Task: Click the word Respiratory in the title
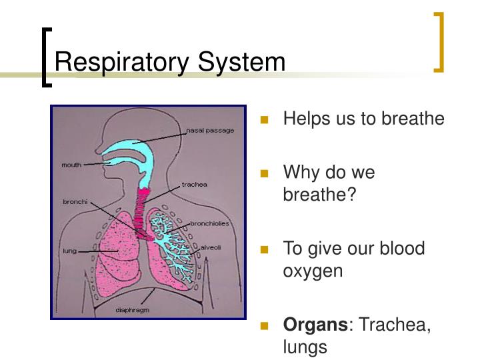pyautogui.click(x=123, y=63)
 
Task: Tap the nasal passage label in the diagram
pyautogui.click(x=210, y=131)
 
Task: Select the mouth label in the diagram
pyautogui.click(x=71, y=164)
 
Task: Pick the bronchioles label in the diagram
pyautogui.click(x=210, y=223)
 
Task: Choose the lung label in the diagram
pyautogui.click(x=69, y=251)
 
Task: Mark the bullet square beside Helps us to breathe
pyautogui.click(x=264, y=121)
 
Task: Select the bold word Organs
pyautogui.click(x=315, y=325)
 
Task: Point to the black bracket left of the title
pyautogui.click(x=46, y=56)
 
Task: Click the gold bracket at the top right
pyautogui.click(x=439, y=41)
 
